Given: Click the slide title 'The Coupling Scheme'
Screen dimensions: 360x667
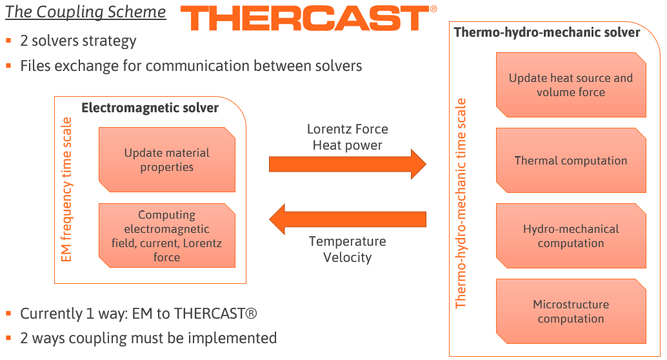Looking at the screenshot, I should point(86,12).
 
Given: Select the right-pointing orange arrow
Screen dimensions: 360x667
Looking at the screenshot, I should point(347,165).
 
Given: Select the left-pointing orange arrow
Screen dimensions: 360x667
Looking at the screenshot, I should point(347,219).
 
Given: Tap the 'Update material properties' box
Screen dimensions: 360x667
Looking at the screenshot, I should point(166,160).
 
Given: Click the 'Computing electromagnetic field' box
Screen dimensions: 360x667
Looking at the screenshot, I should point(166,235).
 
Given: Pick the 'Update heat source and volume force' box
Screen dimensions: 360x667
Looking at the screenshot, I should point(571,85).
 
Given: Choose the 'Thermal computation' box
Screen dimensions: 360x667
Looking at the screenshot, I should point(571,161).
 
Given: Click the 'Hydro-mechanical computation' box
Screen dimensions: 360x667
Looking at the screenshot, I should point(571,236).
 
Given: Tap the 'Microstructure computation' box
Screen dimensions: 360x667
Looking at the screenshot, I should point(571,312).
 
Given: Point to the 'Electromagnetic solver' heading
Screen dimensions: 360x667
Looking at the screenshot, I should point(150,108).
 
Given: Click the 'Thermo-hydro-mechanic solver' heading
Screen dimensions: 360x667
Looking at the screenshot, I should point(547,32).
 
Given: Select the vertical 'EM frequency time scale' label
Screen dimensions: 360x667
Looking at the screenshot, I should point(66,189).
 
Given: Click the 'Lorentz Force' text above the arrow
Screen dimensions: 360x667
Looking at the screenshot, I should point(347,129).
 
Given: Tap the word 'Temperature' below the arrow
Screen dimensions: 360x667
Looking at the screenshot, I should point(347,241).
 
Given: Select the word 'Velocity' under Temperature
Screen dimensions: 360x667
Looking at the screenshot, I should point(347,257).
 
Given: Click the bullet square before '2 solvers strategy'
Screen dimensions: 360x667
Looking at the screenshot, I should point(9,41).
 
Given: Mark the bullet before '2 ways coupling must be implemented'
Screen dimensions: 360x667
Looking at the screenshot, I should point(9,337).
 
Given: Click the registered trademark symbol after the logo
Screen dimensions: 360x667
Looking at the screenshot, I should point(433,9).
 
